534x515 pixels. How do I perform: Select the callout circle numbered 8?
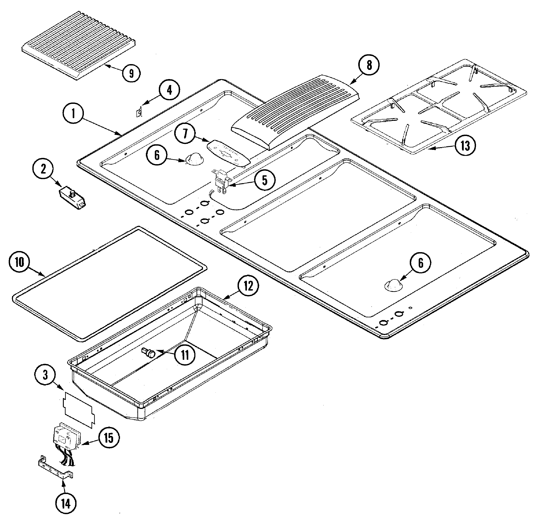coord(369,65)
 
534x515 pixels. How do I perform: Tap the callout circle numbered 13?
coord(465,146)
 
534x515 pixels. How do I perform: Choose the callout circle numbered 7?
coord(185,134)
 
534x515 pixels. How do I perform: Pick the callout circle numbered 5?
coord(265,180)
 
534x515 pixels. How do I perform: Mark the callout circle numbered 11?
coord(185,355)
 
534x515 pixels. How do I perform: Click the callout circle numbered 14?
coord(66,504)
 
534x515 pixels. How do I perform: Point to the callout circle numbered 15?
coord(109,438)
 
